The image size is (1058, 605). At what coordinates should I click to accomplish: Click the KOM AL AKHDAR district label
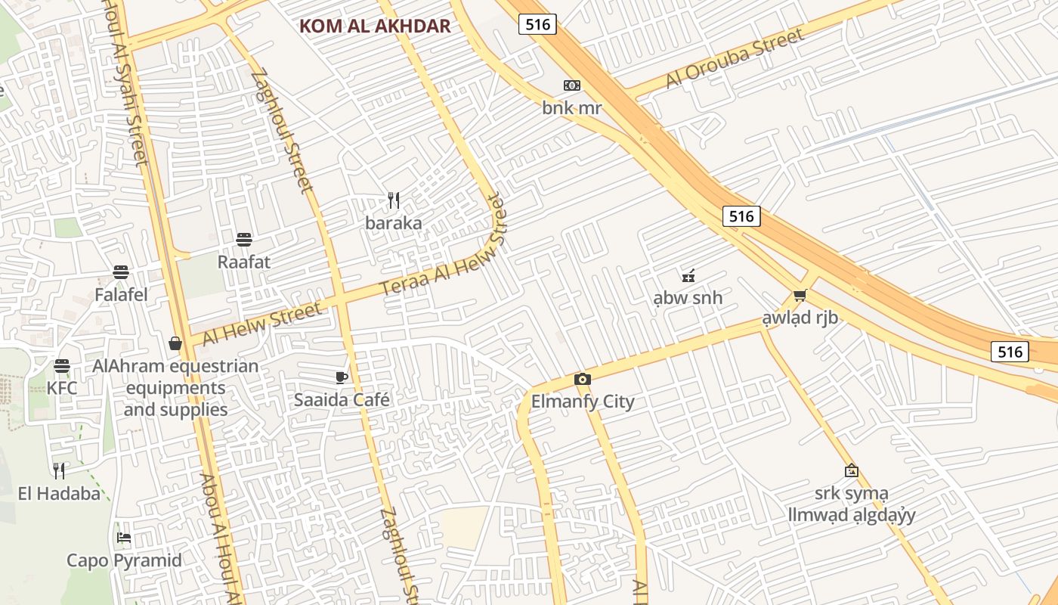pos(375,26)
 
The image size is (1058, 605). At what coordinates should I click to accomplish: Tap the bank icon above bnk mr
pos(572,85)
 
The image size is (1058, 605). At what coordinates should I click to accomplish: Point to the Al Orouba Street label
pos(734,59)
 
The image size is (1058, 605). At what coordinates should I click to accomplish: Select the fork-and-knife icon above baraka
pos(393,200)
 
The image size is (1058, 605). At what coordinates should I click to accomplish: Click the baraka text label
pos(393,222)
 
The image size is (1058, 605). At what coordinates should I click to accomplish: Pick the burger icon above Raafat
pos(243,240)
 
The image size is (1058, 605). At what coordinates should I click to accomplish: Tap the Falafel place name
pos(121,294)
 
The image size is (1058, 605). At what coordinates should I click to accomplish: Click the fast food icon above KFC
pos(62,366)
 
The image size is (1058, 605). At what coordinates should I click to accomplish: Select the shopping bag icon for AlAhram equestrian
pos(175,344)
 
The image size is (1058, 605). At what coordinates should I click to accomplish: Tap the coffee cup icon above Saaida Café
pos(342,377)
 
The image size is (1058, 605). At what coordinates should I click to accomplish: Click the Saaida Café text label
pos(342,399)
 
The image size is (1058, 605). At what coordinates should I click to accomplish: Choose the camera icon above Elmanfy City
pos(582,379)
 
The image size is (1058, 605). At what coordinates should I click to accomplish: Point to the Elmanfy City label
pos(583,401)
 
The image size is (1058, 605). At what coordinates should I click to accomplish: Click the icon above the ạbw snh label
pos(688,276)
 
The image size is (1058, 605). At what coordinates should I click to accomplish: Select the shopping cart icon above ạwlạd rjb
pos(800,295)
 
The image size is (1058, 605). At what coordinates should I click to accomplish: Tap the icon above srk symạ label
pos(851,470)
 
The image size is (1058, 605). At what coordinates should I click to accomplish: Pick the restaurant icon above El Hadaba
pos(59,471)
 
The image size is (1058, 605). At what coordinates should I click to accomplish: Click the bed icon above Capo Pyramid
pos(124,538)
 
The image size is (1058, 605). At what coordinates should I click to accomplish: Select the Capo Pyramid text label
pos(124,560)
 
